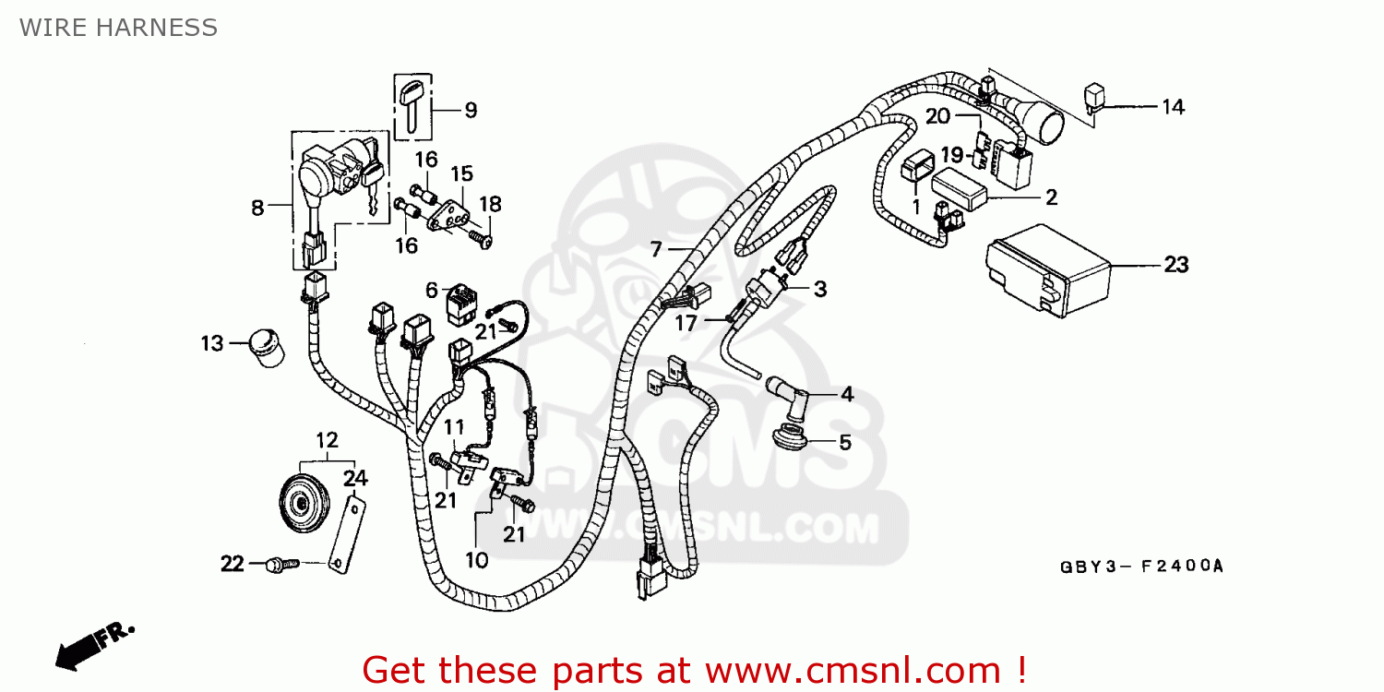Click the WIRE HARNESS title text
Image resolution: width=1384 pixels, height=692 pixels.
click(118, 28)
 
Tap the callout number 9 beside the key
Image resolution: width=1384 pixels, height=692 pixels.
click(471, 111)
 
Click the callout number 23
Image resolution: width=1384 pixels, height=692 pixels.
click(1175, 265)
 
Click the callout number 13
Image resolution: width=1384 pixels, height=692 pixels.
click(212, 343)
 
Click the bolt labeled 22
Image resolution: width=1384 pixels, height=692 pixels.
click(278, 563)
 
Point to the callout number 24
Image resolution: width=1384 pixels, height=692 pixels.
click(355, 478)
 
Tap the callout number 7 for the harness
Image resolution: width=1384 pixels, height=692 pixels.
click(656, 249)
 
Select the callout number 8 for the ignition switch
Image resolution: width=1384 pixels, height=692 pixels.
click(257, 208)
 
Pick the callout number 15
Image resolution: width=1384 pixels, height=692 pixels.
click(461, 173)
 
